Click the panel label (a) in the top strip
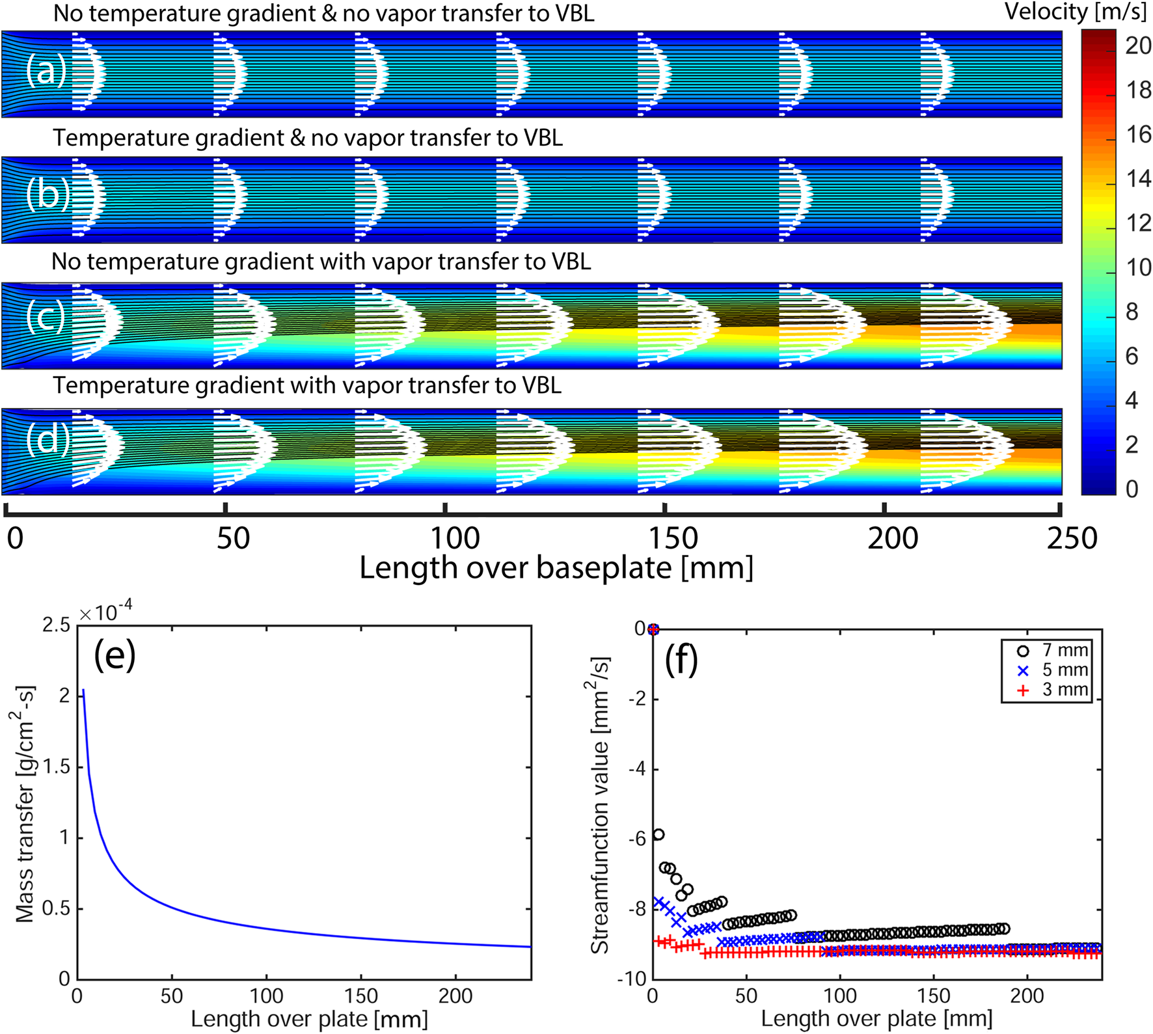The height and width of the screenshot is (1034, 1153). point(46,70)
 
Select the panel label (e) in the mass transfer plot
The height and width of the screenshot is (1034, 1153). point(115,655)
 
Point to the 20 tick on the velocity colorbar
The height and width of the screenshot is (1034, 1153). point(1138,46)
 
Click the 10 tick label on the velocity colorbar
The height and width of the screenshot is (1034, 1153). point(1138,267)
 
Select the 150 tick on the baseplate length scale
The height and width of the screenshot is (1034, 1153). point(673,539)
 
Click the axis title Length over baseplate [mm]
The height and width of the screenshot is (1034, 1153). point(556,568)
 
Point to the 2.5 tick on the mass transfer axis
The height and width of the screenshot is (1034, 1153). point(56,626)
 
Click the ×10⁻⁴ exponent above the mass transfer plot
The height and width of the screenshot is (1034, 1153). point(106,612)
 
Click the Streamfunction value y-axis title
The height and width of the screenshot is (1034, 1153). point(599,806)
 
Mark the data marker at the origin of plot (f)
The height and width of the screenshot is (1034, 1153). point(653,629)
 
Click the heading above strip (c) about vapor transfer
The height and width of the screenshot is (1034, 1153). point(321,262)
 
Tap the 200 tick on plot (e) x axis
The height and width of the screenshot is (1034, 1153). point(455,996)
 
